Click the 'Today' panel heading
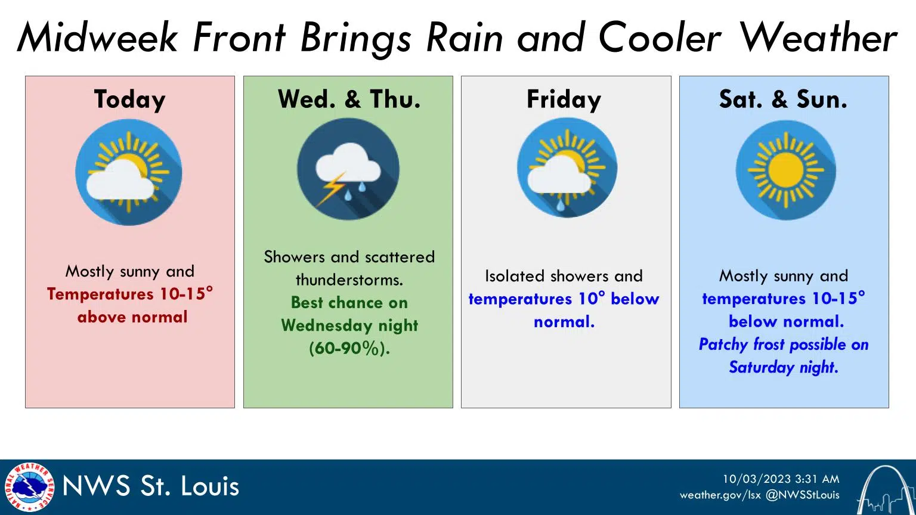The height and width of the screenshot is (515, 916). coord(129,100)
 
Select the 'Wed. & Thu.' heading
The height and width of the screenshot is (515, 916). coord(349,100)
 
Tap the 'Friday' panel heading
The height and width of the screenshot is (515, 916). coord(564,100)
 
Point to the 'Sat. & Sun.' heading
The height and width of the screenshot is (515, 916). coord(783,100)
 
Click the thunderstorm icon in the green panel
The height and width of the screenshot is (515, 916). coord(348,170)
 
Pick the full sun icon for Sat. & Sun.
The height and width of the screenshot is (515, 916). coord(785,170)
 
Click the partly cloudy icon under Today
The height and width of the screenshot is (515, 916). coord(129,172)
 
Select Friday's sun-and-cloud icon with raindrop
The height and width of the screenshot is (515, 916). coord(567,169)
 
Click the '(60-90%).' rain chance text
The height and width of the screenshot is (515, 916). coord(349,349)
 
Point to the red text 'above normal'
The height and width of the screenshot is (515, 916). coord(132,317)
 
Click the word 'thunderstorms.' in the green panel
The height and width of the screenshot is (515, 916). coord(349,280)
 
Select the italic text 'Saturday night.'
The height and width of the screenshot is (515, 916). coord(784,367)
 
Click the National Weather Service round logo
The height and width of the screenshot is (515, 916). coord(29,487)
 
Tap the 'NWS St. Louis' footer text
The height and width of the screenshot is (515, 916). coord(151,486)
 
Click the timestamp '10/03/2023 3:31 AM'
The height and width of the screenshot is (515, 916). coord(781,479)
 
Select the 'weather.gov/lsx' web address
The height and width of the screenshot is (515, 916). coord(720,495)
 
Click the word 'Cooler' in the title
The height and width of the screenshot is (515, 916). coord(660,38)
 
